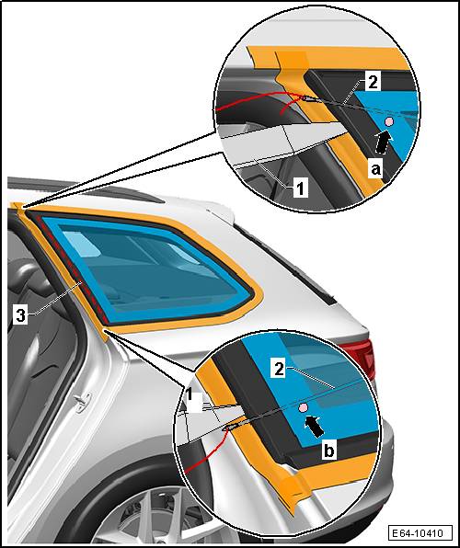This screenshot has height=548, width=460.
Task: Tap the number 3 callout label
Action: pyautogui.click(x=20, y=315)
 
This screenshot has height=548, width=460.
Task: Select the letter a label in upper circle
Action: pyautogui.click(x=375, y=169)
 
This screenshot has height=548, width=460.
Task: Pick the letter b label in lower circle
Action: pyautogui.click(x=329, y=451)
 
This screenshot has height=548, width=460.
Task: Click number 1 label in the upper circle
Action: pyautogui.click(x=301, y=188)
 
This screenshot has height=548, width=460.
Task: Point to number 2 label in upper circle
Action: pyautogui.click(x=373, y=83)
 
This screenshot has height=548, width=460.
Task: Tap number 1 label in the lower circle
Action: pyautogui.click(x=190, y=395)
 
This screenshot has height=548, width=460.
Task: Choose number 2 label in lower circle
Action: pyautogui.click(x=279, y=369)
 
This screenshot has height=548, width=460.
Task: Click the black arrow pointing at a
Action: pyautogui.click(x=383, y=142)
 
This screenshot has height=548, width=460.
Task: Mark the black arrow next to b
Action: pyautogui.click(x=315, y=426)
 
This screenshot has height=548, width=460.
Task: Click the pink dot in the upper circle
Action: pyautogui.click(x=389, y=121)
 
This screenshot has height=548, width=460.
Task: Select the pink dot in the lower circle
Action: pyautogui.click(x=303, y=407)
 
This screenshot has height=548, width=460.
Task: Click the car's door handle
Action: pyautogui.click(x=83, y=403)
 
